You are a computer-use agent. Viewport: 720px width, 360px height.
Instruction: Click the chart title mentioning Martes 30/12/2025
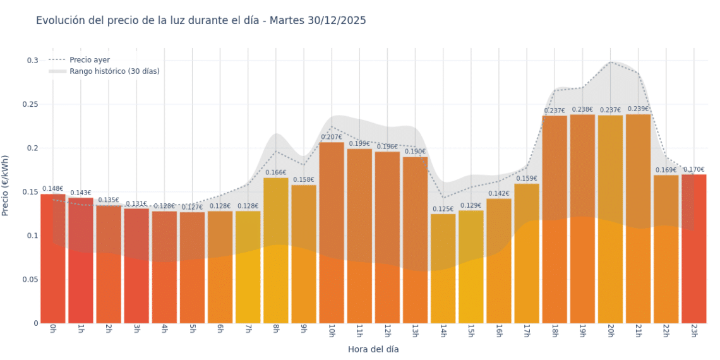point(201,21)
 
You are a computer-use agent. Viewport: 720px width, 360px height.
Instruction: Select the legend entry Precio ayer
point(89,60)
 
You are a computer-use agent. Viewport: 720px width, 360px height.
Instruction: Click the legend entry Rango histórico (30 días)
point(114,71)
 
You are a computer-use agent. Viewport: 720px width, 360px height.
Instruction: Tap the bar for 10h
point(332,234)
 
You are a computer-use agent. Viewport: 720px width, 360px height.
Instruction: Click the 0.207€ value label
point(332,137)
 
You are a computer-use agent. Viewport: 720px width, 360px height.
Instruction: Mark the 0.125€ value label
point(443,209)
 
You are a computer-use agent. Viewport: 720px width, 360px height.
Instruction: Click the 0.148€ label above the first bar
point(52,189)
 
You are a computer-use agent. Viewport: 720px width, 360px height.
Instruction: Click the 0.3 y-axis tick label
point(32,61)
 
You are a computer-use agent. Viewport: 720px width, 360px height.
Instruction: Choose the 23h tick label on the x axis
point(693,330)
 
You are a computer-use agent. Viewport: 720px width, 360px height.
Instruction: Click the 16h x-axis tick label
point(498,330)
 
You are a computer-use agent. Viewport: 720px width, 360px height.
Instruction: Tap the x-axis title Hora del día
point(373,349)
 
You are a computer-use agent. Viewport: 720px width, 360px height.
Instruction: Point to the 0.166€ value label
point(275,172)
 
